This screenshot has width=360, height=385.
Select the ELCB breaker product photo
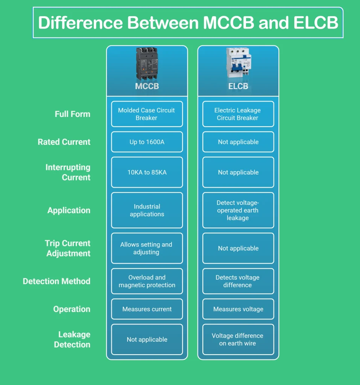[238, 63]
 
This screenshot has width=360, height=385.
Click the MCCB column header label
[147, 86]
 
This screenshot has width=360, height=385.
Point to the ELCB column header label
[238, 86]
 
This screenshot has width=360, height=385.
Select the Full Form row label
[72, 114]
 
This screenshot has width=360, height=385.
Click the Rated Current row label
[64, 142]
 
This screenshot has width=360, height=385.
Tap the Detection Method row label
[56, 281]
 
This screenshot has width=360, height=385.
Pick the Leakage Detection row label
[72, 339]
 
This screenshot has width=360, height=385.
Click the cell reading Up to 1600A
[147, 142]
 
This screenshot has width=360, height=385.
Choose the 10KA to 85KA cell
[147, 172]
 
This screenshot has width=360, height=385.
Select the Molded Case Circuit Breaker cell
[147, 114]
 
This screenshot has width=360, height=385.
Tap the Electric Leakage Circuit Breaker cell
[238, 114]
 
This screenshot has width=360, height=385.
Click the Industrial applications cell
[147, 210]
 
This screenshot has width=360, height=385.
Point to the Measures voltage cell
[238, 309]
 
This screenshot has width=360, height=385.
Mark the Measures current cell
[147, 309]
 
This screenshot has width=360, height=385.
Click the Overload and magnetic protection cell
[147, 281]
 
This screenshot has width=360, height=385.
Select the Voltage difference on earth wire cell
[238, 339]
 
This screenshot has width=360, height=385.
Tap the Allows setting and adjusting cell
[147, 248]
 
